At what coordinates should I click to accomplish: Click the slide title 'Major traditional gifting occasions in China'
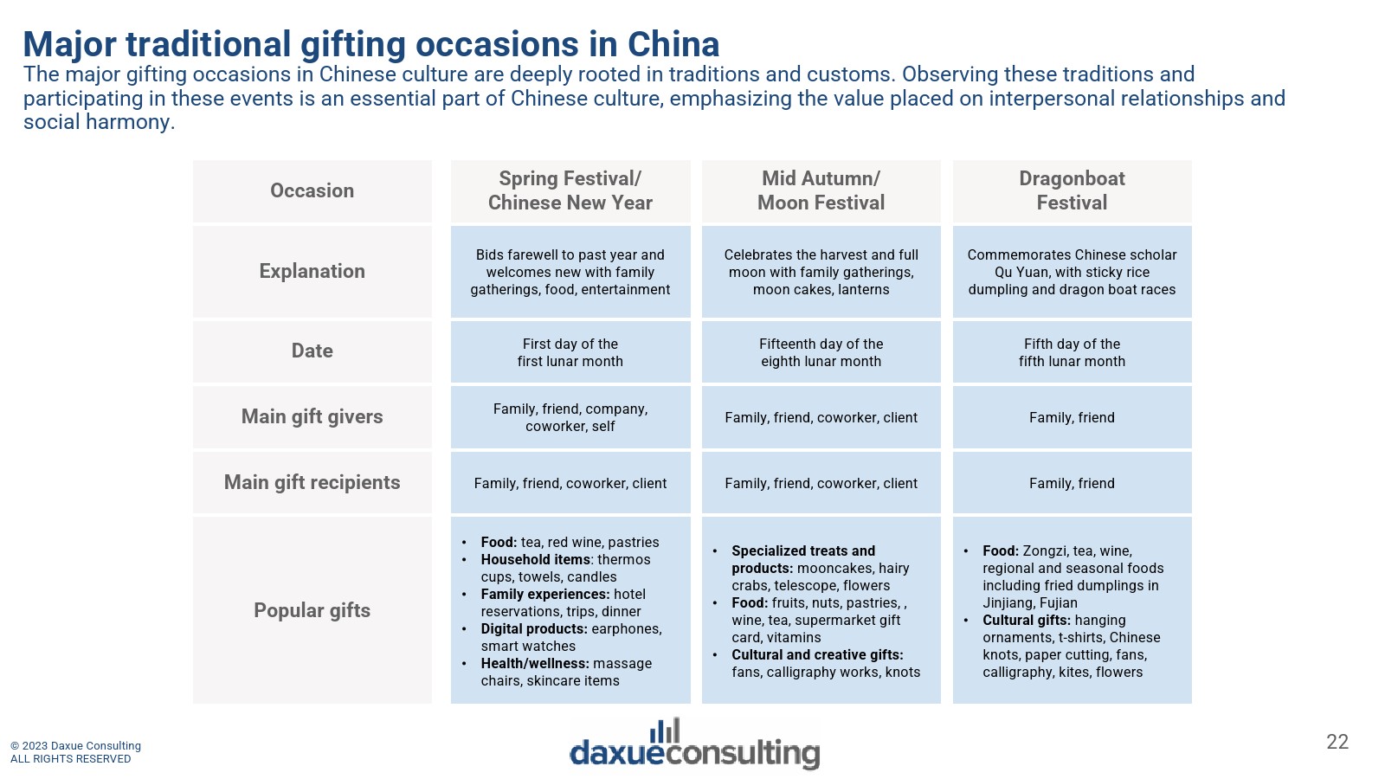click(371, 44)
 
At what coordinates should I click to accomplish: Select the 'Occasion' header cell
click(312, 191)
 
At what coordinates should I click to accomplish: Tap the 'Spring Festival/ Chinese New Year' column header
click(570, 191)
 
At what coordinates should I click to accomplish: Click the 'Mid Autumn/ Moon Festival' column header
click(821, 191)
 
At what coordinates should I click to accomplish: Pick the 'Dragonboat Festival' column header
click(1073, 191)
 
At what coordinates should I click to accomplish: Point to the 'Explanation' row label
click(312, 272)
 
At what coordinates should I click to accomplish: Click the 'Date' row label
click(312, 351)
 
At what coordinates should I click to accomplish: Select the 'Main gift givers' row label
click(312, 417)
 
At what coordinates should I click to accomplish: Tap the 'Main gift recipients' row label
click(312, 483)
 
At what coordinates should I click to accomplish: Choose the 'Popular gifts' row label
click(312, 610)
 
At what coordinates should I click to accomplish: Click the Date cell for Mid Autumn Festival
click(821, 351)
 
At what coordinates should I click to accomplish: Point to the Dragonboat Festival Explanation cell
click(1073, 272)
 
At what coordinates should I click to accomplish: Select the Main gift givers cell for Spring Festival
click(570, 417)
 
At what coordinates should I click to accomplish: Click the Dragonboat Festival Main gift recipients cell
click(1073, 483)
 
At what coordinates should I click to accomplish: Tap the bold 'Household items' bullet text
click(536, 559)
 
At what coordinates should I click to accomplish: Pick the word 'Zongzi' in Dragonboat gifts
click(1042, 551)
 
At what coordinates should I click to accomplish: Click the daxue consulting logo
click(694, 744)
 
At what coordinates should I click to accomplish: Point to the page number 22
click(1337, 742)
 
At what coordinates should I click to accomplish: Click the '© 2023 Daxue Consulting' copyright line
click(75, 745)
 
